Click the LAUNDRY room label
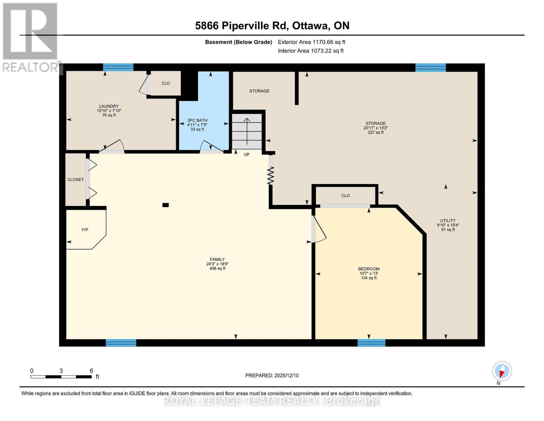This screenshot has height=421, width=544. tap(109, 106)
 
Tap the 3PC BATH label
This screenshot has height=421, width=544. tap(197, 120)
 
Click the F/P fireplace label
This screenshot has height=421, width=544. tap(85, 230)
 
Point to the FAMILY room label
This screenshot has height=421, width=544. tap(217, 260)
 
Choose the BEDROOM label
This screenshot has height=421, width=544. tap(369, 269)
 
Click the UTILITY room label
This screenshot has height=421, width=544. tap(448, 221)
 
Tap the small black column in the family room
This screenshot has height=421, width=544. tap(166, 205)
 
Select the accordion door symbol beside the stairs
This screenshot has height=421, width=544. tap(271, 175)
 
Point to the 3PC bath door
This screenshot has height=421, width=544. tap(212, 147)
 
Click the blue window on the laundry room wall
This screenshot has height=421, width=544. tap(118, 67)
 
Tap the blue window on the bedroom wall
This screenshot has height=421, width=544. tap(371, 343)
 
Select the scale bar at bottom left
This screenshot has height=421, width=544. tap(61, 377)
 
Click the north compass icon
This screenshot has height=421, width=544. tap(502, 371)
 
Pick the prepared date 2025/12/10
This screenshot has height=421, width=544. tap(272, 375)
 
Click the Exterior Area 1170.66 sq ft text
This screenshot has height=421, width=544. tap(311, 42)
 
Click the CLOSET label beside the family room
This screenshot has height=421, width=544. tap(76, 180)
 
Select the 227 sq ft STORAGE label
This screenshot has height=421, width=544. tap(376, 128)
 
